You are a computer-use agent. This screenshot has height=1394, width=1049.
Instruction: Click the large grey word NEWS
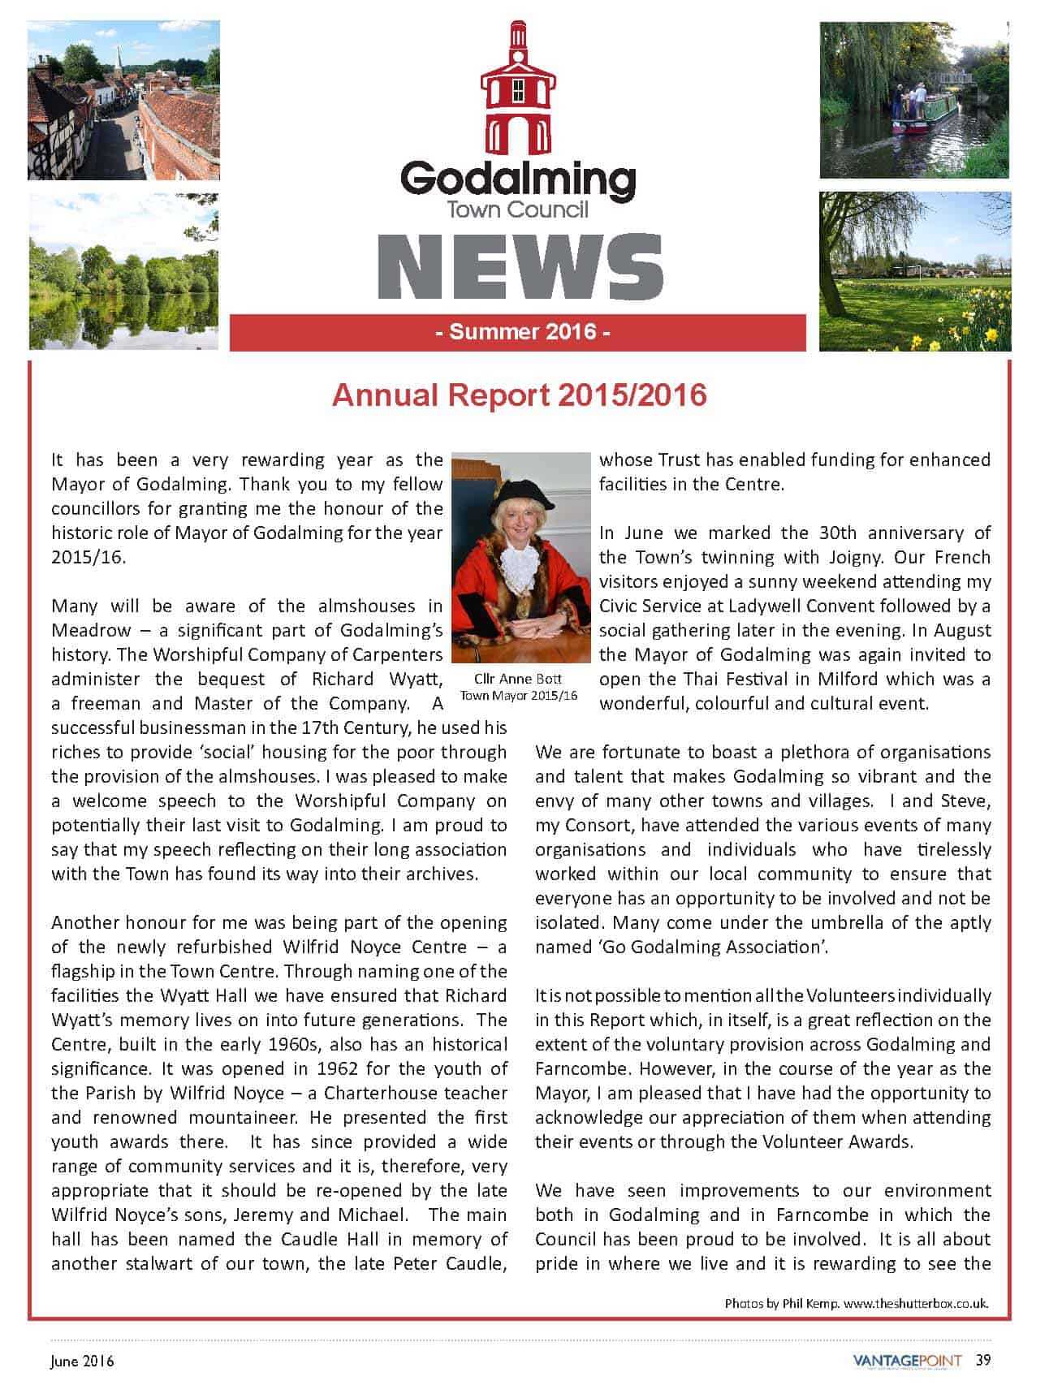520,266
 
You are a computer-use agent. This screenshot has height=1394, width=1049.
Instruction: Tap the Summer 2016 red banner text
518,332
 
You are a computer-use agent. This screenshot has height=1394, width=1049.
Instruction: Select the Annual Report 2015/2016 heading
520,395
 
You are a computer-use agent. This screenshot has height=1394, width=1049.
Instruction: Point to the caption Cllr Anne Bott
517,680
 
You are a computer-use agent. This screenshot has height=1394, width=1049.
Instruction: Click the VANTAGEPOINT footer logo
907,1361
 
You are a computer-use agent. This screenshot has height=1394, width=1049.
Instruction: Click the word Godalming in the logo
517,179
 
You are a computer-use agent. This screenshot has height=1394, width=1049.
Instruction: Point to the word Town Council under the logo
517,209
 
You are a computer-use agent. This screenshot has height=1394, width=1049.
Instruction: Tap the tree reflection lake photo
123,271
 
